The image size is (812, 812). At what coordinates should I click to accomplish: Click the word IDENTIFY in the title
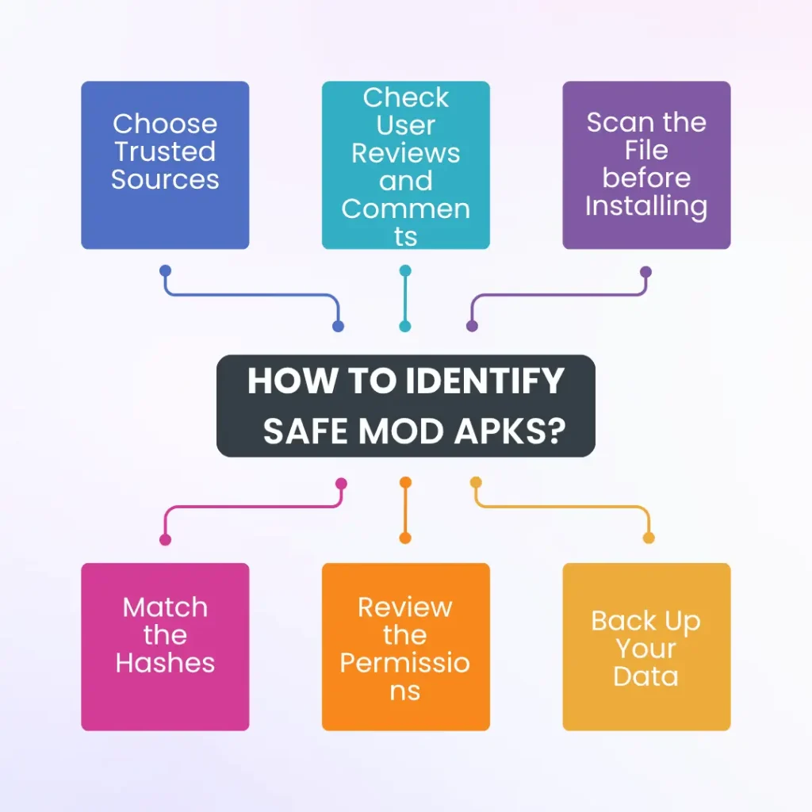[485, 382]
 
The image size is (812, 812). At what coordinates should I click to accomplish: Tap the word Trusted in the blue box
[165, 151]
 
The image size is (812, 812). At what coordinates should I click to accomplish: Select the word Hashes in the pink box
[165, 663]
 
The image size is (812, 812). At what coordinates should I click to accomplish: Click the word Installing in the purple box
[646, 206]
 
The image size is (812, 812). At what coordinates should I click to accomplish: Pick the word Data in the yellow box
[646, 676]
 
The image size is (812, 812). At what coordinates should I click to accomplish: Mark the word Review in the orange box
[405, 607]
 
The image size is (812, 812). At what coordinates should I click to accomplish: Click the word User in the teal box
[405, 125]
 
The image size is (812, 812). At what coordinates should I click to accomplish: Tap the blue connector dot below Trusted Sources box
[165, 270]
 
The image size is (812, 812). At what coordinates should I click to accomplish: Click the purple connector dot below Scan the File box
[645, 271]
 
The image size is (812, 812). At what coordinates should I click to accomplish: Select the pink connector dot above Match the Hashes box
[165, 539]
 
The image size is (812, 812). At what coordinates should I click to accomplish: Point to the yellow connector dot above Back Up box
[649, 538]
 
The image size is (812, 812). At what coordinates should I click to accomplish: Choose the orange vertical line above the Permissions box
[405, 511]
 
